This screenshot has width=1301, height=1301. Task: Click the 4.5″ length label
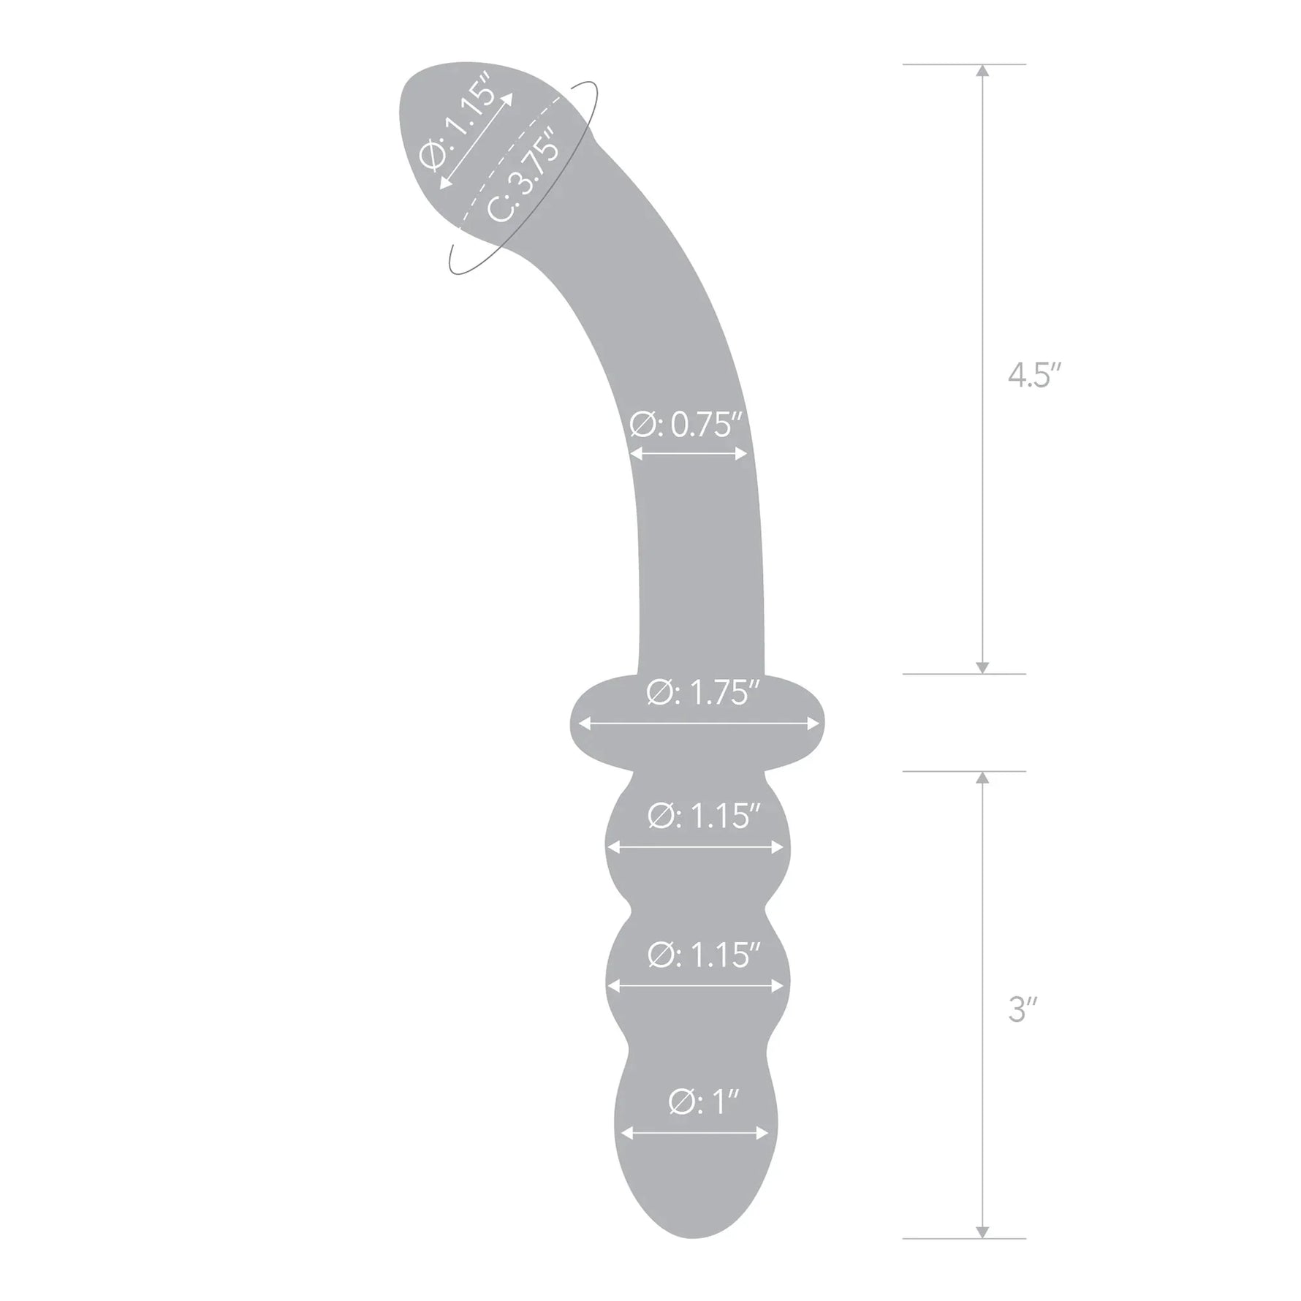(1033, 376)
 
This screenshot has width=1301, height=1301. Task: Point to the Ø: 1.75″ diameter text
(698, 693)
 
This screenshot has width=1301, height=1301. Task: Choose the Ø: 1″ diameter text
(694, 1101)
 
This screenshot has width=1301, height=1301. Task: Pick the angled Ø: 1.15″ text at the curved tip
(459, 126)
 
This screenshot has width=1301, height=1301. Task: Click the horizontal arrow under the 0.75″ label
(689, 454)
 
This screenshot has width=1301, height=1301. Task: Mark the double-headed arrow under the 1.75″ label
(698, 724)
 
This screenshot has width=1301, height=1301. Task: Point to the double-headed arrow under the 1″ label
(694, 1133)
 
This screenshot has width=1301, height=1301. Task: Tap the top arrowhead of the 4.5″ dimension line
(982, 71)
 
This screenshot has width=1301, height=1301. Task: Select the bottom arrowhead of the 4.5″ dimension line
(982, 667)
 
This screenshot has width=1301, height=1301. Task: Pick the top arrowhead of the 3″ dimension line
(982, 778)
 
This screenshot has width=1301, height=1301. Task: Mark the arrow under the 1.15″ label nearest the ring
(695, 847)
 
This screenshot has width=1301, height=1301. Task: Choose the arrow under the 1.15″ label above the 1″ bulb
(695, 985)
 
